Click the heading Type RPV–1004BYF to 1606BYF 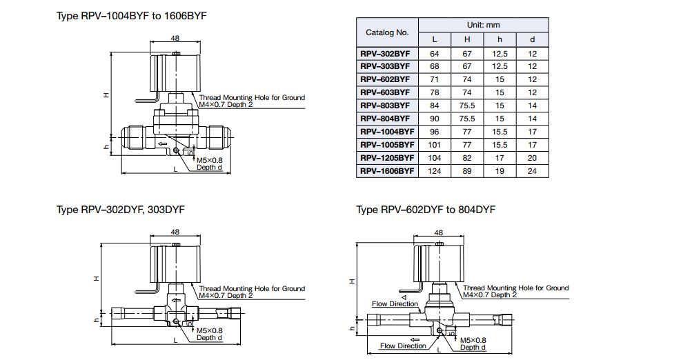pyautogui.click(x=131, y=16)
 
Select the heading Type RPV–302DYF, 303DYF pyautogui.click(x=120, y=210)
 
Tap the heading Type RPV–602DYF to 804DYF pyautogui.click(x=426, y=210)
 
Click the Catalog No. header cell pyautogui.click(x=387, y=32)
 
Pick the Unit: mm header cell pyautogui.click(x=484, y=26)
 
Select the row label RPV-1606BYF pyautogui.click(x=387, y=171)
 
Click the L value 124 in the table pyautogui.click(x=434, y=171)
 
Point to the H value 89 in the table pyautogui.click(x=467, y=171)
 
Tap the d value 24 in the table pyautogui.click(x=532, y=171)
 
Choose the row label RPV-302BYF pyautogui.click(x=385, y=54)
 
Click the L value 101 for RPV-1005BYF pyautogui.click(x=434, y=145)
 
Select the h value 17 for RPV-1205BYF pyautogui.click(x=500, y=158)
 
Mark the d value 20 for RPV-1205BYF pyautogui.click(x=532, y=158)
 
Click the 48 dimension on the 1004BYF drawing pyautogui.click(x=175, y=38)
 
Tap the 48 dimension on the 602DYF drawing pyautogui.click(x=439, y=233)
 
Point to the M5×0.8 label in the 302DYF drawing pyautogui.click(x=209, y=330)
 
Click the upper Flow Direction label pyautogui.click(x=395, y=304)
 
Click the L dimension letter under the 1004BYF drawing pyautogui.click(x=175, y=170)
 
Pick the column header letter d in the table pyautogui.click(x=532, y=39)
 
